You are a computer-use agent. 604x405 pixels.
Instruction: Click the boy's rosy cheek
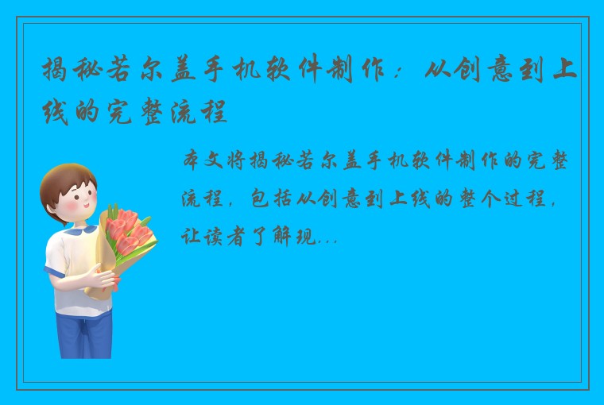click(72, 208)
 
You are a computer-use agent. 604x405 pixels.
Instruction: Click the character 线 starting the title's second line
click(56, 114)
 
